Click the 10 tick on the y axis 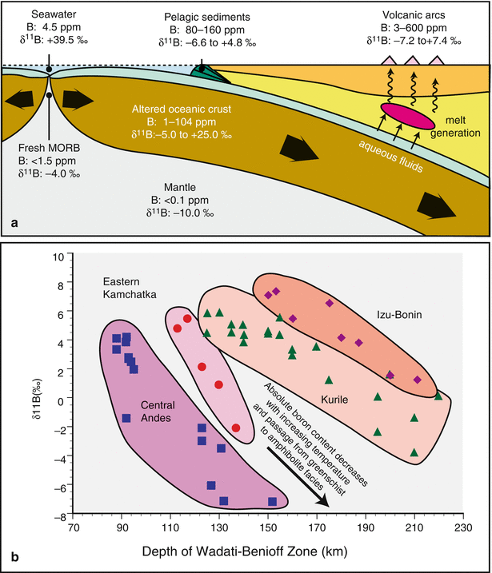click(58, 257)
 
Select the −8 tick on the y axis click(57, 516)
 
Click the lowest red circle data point click(236, 428)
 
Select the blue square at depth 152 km click(273, 501)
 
